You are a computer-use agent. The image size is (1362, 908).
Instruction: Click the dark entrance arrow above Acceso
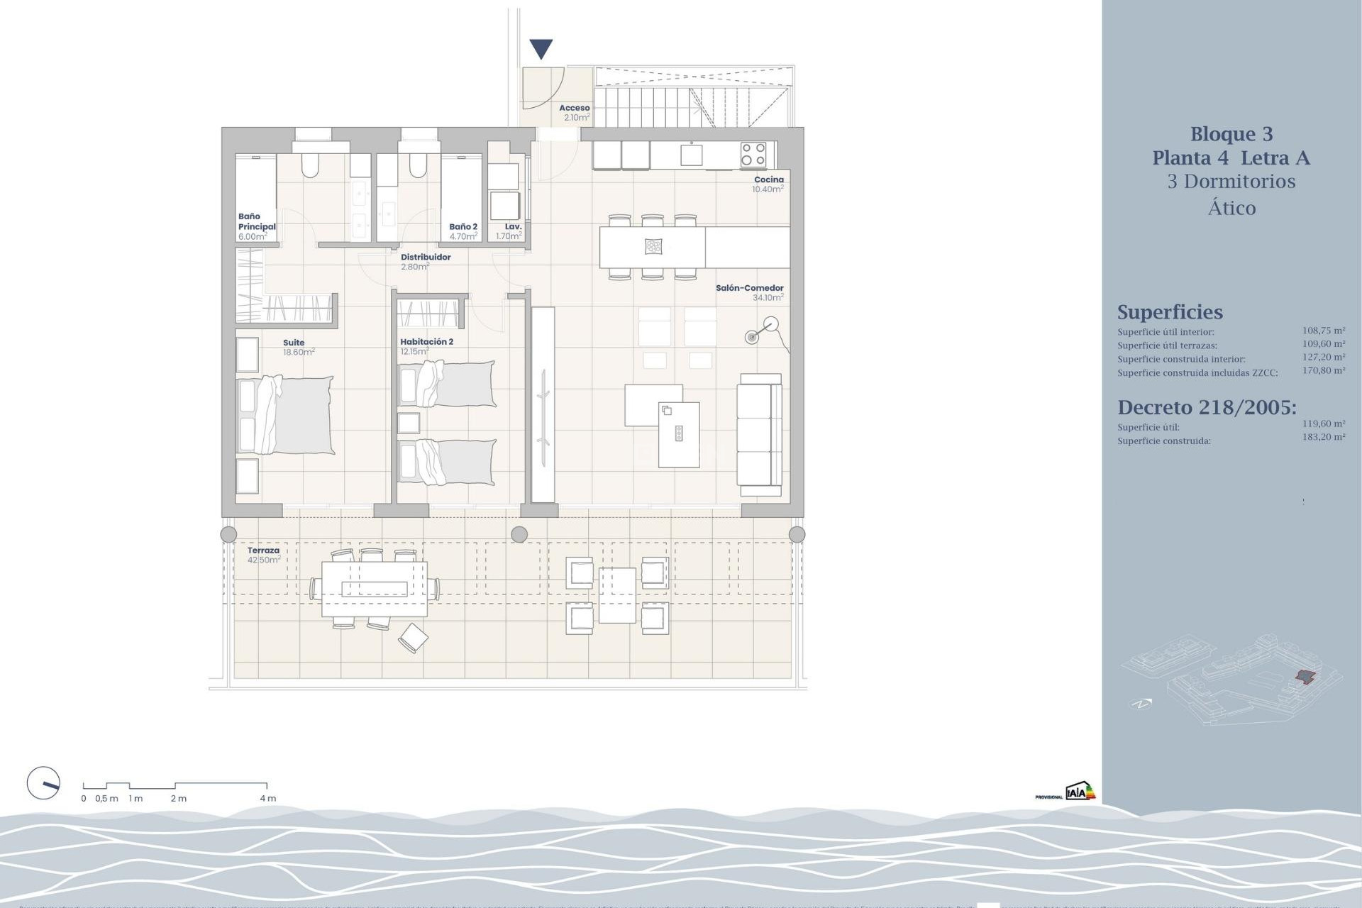pos(541,49)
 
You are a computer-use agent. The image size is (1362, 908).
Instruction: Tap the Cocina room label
pos(768,179)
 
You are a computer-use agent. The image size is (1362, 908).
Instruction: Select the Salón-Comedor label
pos(749,288)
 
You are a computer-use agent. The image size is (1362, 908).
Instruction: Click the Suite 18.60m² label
pos(297,347)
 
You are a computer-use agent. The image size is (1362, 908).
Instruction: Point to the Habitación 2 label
pos(426,342)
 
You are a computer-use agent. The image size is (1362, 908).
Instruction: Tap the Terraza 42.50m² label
pos(263,555)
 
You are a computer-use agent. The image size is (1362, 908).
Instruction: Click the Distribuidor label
pos(426,258)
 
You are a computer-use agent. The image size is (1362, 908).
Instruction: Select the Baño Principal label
pos(255,222)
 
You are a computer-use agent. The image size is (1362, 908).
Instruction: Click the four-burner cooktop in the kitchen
pos(753,154)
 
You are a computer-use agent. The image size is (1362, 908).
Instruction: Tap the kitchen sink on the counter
pos(691,154)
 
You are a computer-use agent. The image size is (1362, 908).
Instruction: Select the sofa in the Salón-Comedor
pos(760,435)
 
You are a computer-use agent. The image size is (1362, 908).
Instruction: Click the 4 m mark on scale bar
pos(267,798)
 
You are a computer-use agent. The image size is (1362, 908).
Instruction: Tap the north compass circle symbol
pos(43,784)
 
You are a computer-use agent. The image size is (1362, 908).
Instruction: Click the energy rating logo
pos(1080,792)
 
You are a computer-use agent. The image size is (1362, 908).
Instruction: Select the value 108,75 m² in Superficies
pos(1323,331)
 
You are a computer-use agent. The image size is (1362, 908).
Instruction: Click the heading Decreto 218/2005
pos(1207,407)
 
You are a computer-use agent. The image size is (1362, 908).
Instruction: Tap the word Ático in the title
pos(1231,208)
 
